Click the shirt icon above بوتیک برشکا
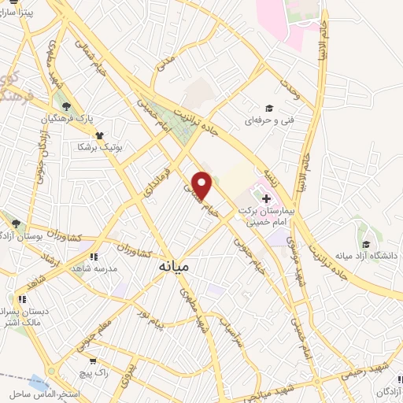99,134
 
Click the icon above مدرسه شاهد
94,256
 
